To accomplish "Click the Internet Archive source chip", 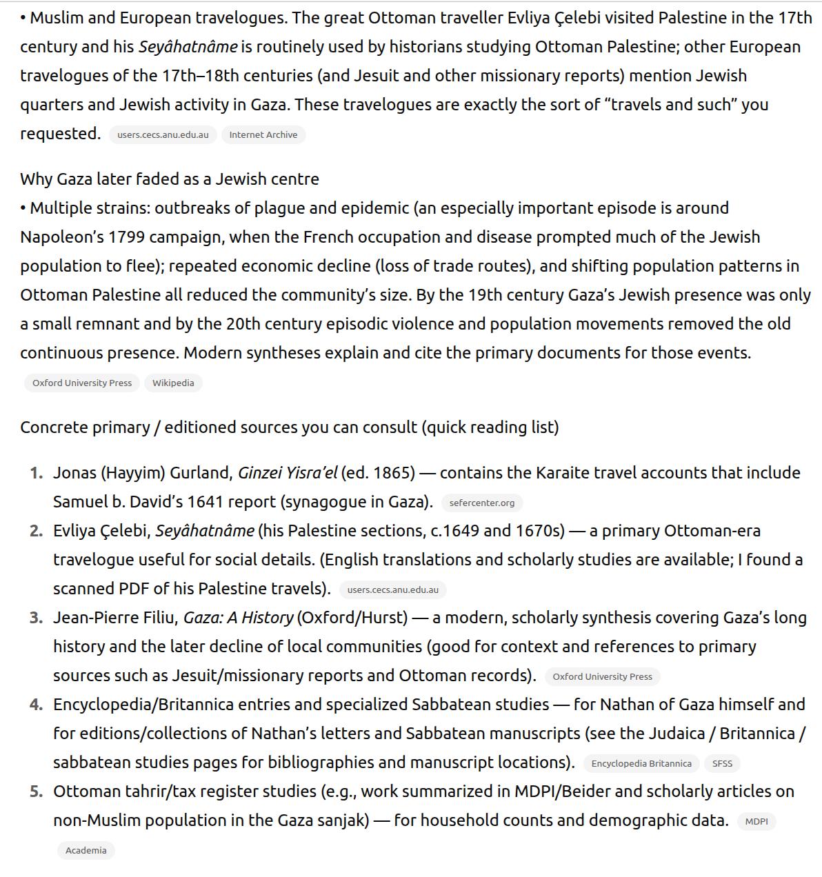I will pos(263,135).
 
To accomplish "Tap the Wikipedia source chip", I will pos(173,383).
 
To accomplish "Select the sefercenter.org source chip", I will pos(481,503).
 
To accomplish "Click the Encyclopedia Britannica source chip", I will pos(641,764).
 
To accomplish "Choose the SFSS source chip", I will pos(722,764).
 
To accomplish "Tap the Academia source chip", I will pos(86,851).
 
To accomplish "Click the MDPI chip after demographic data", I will pos(756,822).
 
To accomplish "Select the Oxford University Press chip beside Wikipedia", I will pos(82,383).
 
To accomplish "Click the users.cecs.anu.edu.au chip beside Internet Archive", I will pos(163,135).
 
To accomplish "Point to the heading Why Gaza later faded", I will pos(169,179).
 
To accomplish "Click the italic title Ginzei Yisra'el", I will pos(288,473).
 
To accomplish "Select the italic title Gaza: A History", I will pos(238,618).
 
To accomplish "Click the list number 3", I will pos(36,618).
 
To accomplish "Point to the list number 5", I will pos(36,792).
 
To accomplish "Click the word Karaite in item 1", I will pos(563,473).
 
